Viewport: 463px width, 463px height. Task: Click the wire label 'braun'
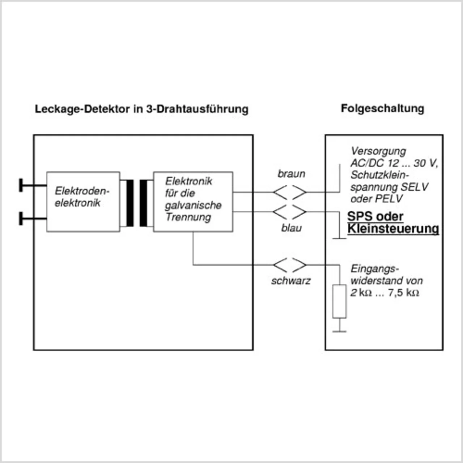tap(291, 174)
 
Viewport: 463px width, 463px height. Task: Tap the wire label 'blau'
tap(291, 228)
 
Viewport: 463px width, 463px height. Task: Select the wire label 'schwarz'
tap(291, 281)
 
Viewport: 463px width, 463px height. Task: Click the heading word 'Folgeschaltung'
tap(382, 109)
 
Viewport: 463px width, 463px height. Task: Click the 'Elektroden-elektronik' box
tap(83, 201)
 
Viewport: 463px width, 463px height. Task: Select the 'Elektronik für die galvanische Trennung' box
tap(193, 201)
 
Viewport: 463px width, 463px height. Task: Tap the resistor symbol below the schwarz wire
tap(339, 301)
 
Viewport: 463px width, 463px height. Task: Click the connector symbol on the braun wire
tap(290, 192)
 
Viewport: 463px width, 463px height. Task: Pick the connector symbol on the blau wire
tap(290, 212)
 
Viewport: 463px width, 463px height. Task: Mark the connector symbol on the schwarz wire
tap(290, 265)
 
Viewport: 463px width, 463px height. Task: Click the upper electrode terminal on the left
tap(22, 185)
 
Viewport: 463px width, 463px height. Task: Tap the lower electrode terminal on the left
tap(22, 218)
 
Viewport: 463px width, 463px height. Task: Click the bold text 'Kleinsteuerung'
tap(393, 229)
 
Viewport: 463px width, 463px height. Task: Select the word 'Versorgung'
tap(378, 151)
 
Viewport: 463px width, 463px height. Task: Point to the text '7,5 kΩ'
tap(403, 293)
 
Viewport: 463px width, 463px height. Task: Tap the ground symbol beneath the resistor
tap(339, 330)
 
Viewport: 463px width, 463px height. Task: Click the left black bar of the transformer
tap(130, 203)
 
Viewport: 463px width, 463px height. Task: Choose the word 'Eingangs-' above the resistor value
tap(375, 269)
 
